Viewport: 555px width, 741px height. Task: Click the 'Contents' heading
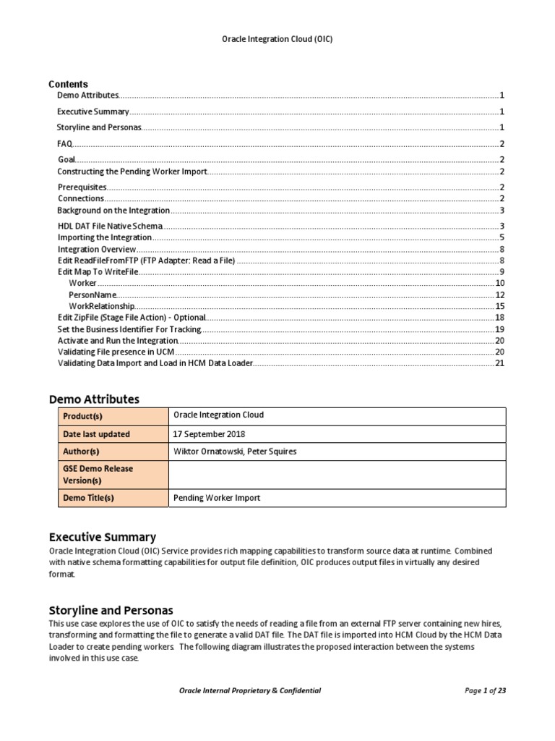[x=68, y=84]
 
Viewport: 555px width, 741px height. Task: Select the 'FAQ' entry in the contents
[x=64, y=144]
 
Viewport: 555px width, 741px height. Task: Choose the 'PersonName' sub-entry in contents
[x=92, y=295]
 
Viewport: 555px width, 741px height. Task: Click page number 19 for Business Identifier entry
[x=499, y=329]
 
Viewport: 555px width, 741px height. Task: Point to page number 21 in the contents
[x=499, y=363]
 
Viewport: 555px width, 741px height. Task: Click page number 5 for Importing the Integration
[x=501, y=237]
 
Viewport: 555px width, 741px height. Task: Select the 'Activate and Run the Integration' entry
[x=117, y=340]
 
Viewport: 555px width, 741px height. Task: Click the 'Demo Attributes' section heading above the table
[x=94, y=399]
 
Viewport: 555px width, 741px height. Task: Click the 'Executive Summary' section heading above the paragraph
[x=102, y=537]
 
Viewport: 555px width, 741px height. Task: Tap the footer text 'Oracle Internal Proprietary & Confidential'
[x=249, y=690]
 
